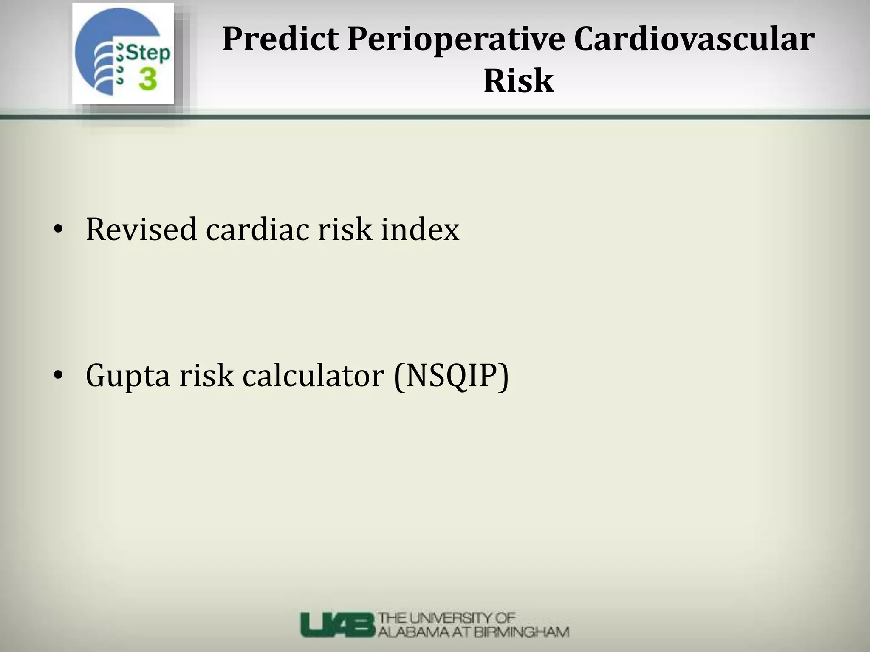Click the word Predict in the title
click(x=280, y=39)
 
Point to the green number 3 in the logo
click(x=147, y=80)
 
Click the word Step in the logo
click(x=148, y=53)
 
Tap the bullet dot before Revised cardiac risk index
click(x=58, y=230)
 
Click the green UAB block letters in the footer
click(x=338, y=624)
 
